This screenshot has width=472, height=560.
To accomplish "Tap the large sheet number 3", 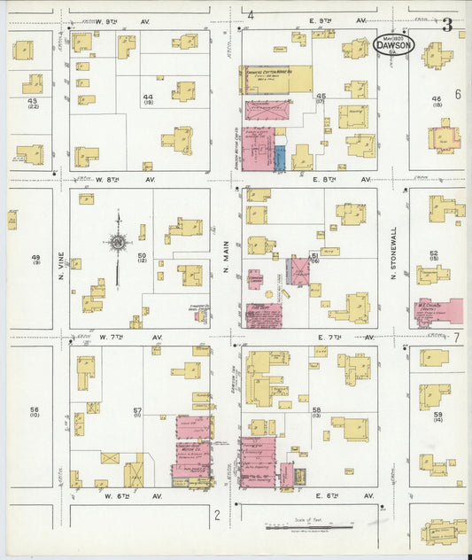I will click(x=447, y=25).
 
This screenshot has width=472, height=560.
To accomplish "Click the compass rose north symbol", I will click(x=118, y=241).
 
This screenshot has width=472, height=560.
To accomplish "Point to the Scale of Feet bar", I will click(x=309, y=529).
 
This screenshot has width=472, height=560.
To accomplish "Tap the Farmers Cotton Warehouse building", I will click(x=276, y=79).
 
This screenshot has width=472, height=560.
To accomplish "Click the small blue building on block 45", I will click(x=279, y=159).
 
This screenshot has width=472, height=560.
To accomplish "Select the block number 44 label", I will click(x=148, y=98).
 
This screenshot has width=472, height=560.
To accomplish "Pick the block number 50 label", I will click(x=142, y=256).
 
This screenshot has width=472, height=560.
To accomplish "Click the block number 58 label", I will click(x=316, y=411).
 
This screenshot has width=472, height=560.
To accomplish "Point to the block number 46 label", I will click(x=436, y=101).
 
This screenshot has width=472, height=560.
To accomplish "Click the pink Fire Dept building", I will click(x=263, y=314).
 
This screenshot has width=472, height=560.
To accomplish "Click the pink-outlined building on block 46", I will click(x=445, y=138).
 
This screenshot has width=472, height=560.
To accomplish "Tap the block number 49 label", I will click(x=37, y=258).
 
